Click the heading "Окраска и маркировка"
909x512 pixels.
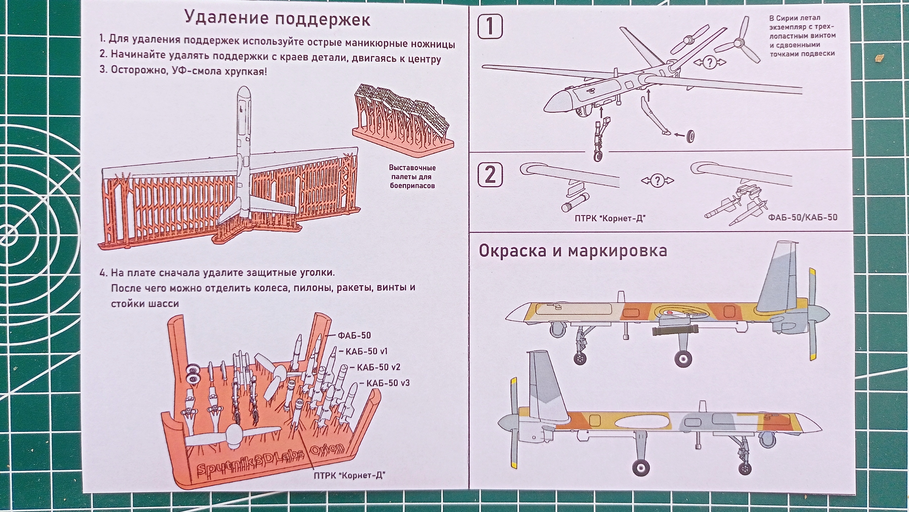(x=573, y=251)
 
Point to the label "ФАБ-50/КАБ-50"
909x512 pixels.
(x=802, y=217)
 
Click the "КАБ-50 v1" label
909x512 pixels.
(x=362, y=351)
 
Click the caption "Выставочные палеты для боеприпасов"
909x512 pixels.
(x=412, y=176)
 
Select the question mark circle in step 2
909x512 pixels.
(x=657, y=181)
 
